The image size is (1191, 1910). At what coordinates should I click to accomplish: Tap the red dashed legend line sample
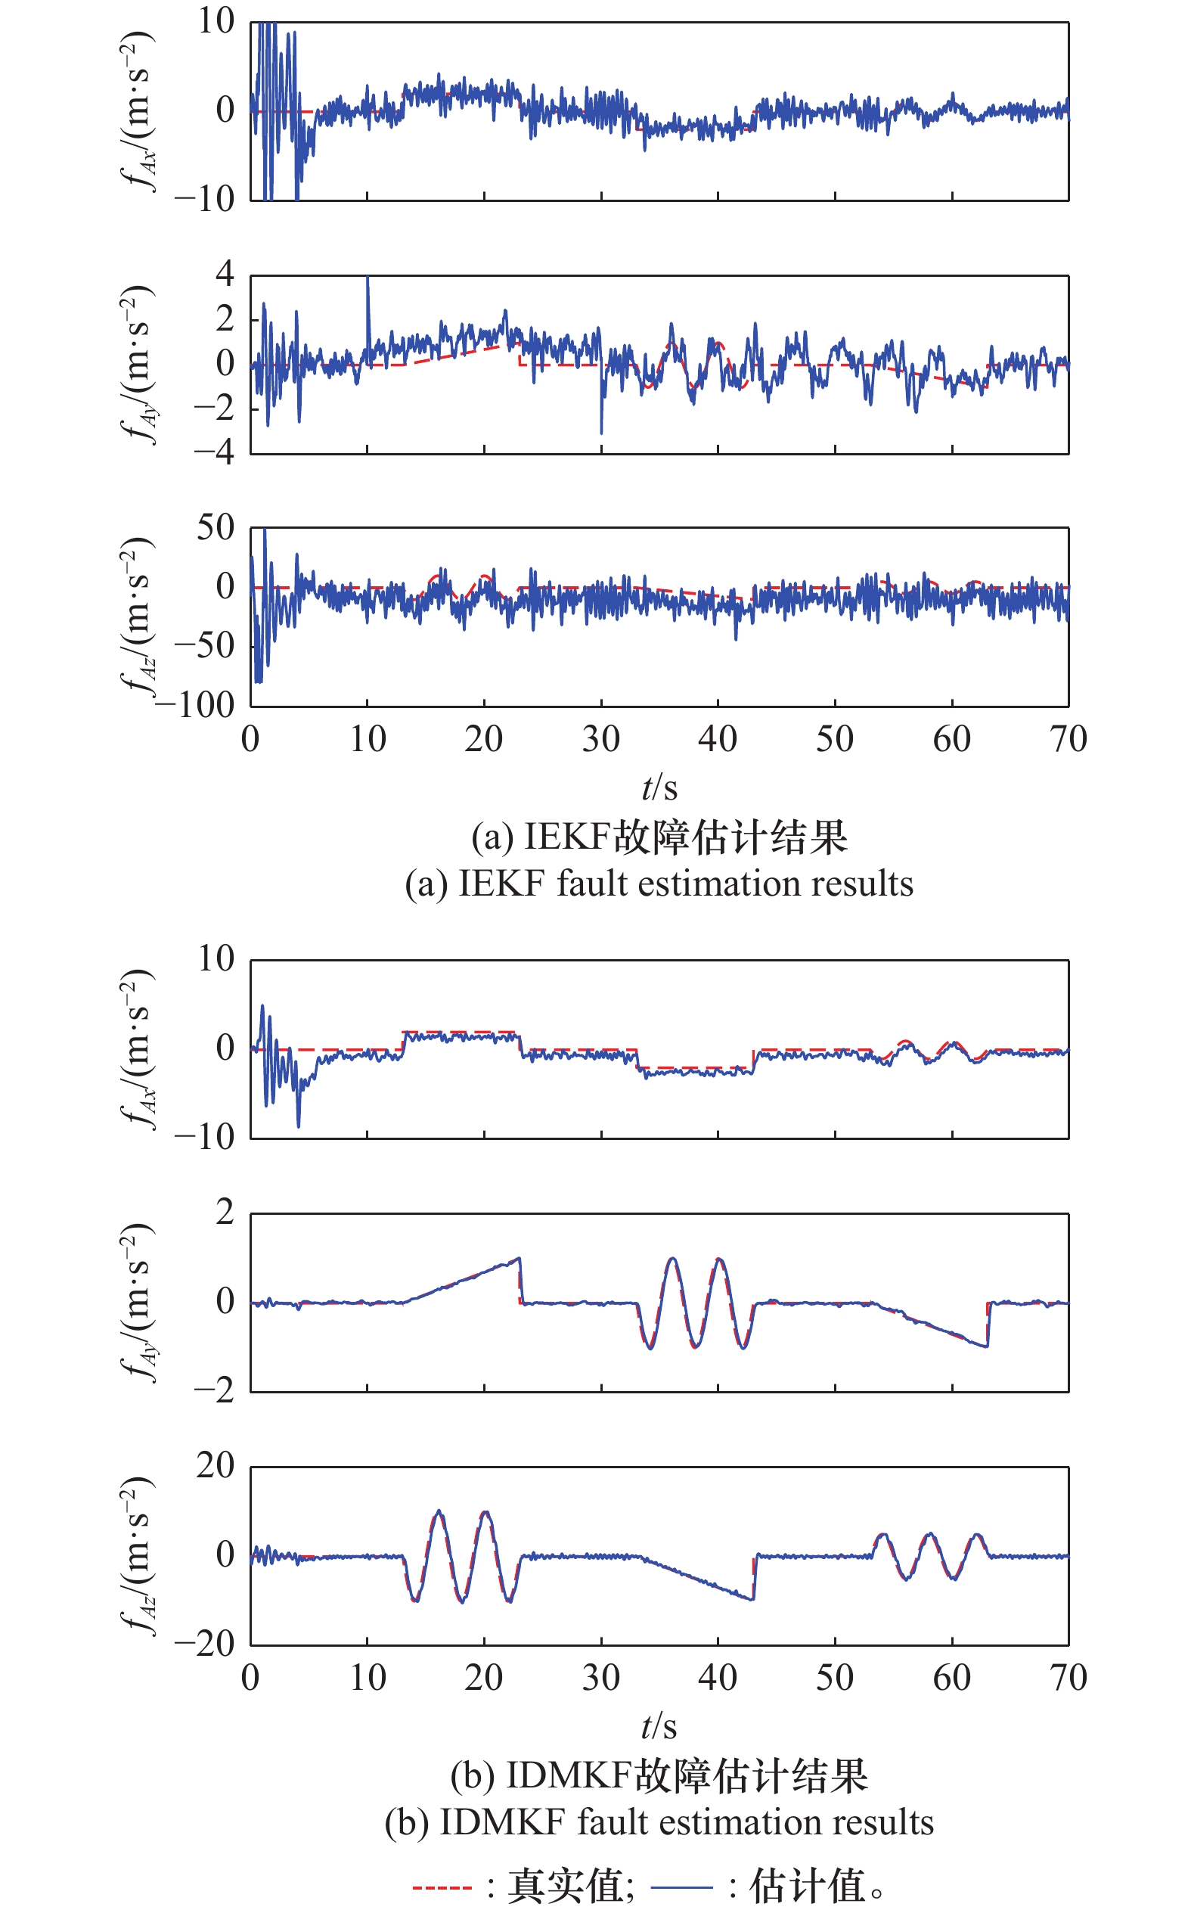coord(441,1888)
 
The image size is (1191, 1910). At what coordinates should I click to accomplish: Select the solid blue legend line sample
coord(682,1888)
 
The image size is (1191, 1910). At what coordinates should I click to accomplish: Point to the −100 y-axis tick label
coord(197,704)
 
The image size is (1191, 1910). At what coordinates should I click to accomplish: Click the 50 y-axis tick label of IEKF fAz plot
coord(215,527)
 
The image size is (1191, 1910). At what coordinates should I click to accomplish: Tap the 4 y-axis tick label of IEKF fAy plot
coord(225,273)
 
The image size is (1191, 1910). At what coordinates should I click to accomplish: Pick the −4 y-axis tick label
coord(214,452)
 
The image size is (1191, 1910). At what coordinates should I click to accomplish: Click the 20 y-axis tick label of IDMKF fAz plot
coord(215,1466)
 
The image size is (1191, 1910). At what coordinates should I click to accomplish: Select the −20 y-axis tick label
coord(205,1644)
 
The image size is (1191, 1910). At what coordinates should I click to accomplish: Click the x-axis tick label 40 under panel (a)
coord(718,739)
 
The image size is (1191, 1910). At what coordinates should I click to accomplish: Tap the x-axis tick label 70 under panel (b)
coord(1068,1679)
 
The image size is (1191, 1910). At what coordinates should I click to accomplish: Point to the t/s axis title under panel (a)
coord(659,787)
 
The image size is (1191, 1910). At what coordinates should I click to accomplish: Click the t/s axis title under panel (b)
coord(659,1726)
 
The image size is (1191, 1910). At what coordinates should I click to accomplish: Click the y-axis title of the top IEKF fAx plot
coord(139,110)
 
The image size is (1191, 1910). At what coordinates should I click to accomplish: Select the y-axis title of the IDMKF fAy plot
coord(139,1302)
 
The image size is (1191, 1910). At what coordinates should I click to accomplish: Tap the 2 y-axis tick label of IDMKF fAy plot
coord(225,1212)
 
